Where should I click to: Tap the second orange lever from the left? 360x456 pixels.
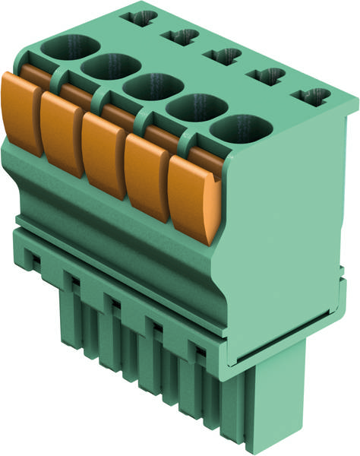pyautogui.click(x=62, y=135)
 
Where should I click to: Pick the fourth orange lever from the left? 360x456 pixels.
pyautogui.click(x=147, y=179)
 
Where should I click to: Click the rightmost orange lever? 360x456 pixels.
pyautogui.click(x=191, y=199)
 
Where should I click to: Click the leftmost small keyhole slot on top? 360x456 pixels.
pyautogui.click(x=142, y=16)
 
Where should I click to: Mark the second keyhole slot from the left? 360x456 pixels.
pyautogui.click(x=180, y=36)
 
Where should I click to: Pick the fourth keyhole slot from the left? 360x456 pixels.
pyautogui.click(x=266, y=76)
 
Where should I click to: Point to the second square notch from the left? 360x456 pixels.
pyautogui.click(x=74, y=283)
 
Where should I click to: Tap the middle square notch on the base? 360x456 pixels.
pyautogui.click(x=115, y=305)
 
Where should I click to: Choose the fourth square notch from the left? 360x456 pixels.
pyautogui.click(x=157, y=328)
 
